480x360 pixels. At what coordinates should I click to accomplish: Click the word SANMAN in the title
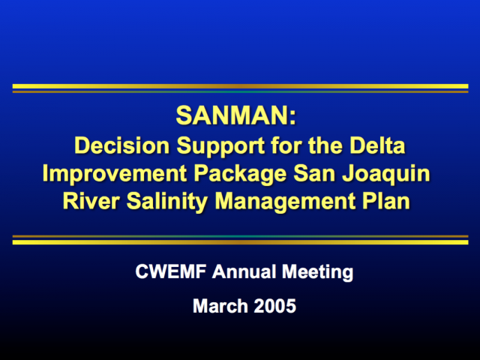232,115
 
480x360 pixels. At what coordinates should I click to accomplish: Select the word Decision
122,145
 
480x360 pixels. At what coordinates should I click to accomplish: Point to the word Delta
377,145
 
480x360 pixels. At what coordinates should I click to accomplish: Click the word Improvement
115,173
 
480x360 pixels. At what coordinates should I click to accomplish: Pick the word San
314,173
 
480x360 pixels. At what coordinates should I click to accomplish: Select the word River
91,201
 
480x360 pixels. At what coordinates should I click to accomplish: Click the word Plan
386,201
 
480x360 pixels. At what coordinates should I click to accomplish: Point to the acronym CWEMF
171,271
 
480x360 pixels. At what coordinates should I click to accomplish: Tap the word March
220,306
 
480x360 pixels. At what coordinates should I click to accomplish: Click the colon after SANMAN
293,118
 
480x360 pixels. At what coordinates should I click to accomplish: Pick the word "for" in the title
286,145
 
